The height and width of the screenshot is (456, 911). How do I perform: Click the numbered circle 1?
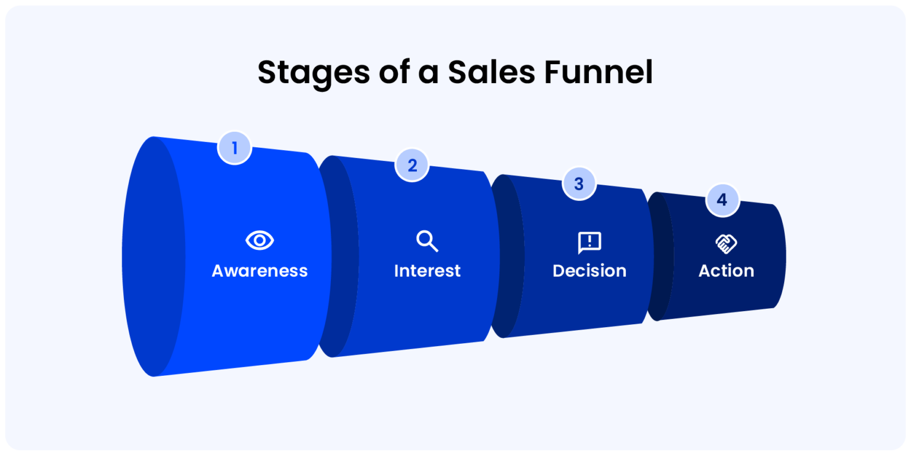235,147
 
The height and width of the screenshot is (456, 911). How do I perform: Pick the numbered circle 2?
412,165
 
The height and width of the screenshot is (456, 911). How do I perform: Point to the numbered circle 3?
579,183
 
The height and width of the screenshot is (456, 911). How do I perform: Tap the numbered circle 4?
722,199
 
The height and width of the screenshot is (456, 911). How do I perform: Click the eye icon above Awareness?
260,240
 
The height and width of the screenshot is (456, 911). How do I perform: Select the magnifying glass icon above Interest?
427,242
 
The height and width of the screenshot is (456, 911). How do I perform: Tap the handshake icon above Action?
726,243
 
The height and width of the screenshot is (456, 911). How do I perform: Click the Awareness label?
260,271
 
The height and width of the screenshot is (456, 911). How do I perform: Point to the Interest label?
427,271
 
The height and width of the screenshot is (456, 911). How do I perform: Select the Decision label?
590,271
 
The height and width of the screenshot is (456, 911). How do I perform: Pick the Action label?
726,271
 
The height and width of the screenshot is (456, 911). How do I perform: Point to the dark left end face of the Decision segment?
507,256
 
